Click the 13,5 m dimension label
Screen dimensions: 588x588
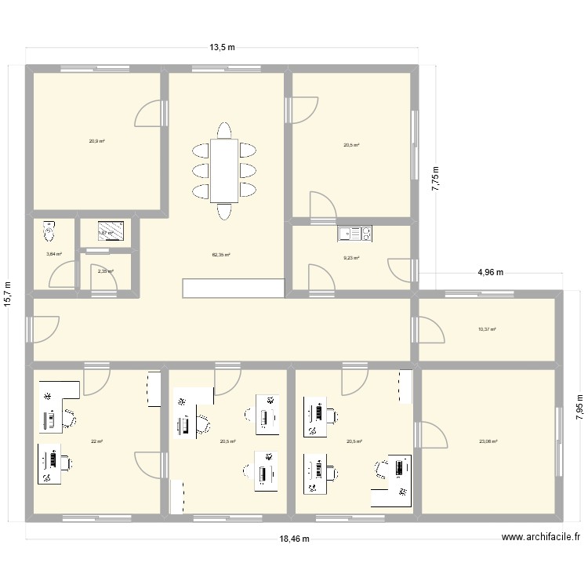222,48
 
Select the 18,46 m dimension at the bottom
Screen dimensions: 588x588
294,539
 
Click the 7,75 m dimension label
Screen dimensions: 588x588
436,181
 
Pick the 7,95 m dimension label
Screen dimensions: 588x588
579,408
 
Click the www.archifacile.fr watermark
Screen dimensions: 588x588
541,537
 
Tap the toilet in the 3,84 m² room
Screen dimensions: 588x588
50,232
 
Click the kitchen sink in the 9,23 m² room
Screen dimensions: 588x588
355,233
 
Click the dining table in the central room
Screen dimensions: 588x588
225,170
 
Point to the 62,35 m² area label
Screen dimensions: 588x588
220,255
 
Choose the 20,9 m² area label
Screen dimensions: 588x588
96,141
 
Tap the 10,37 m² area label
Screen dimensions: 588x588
487,330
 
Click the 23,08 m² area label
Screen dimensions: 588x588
488,441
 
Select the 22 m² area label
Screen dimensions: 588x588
96,441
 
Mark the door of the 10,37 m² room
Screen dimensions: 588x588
430,329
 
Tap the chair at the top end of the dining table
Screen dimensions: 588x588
225,130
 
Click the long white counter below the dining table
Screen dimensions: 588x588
232,288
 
